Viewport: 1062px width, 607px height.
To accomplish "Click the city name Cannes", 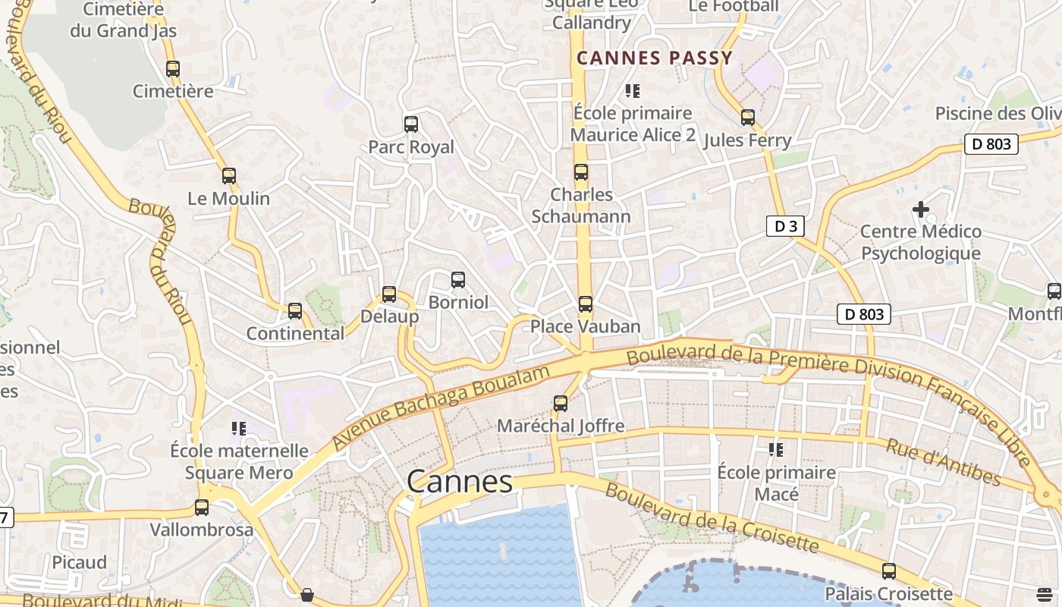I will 460,482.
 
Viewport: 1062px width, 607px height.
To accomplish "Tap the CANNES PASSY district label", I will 655,58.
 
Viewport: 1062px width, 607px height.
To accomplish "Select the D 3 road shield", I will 784,226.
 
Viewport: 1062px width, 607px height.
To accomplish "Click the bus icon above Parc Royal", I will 411,124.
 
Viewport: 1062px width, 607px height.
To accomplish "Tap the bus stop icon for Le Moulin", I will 229,176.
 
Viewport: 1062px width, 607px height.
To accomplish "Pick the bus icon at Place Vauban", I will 585,304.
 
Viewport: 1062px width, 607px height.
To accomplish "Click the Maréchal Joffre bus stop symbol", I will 561,404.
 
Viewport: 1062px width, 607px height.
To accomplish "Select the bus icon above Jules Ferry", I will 748,118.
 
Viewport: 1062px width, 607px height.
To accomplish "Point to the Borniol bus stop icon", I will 458,280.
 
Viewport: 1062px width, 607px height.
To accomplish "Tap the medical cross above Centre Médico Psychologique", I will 921,209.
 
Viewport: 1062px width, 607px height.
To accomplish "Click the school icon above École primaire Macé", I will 776,450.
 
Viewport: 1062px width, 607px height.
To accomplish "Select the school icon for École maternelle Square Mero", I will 239,429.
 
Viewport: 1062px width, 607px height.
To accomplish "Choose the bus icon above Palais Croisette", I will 888,571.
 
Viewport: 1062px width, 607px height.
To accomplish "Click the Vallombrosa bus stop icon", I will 202,508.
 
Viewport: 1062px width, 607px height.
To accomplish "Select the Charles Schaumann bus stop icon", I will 581,172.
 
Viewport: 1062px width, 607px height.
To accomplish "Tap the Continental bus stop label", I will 295,333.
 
